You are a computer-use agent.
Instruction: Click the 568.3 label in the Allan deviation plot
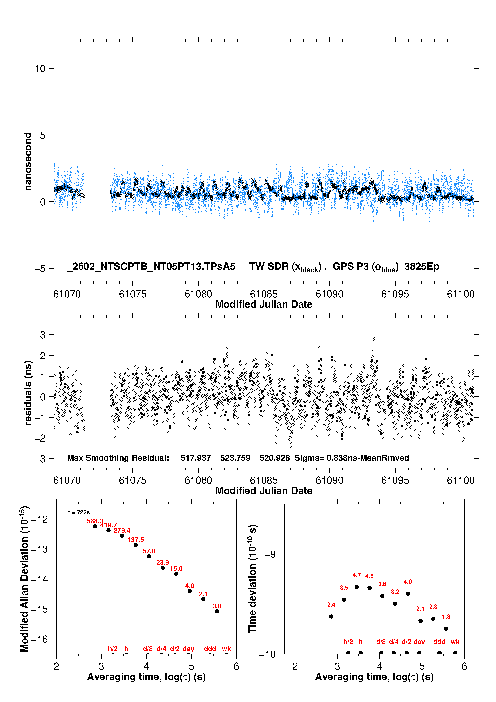click(95, 521)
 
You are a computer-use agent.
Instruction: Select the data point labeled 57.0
click(149, 556)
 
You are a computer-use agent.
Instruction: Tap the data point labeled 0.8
click(217, 611)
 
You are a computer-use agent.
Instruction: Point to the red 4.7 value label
click(357, 575)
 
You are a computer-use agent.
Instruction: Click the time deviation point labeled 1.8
click(446, 628)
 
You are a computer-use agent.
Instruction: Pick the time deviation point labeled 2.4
click(331, 616)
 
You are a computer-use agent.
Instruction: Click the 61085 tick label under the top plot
click(264, 294)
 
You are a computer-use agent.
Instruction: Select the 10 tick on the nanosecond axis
click(40, 69)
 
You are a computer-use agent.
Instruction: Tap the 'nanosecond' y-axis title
click(28, 162)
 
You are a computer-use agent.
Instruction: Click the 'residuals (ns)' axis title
click(28, 393)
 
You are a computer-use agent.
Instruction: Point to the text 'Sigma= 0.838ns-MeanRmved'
click(352, 458)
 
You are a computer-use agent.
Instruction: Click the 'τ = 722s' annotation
click(79, 512)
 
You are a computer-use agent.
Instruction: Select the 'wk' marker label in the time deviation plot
click(455, 642)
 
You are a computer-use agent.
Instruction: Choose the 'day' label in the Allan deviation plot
click(188, 649)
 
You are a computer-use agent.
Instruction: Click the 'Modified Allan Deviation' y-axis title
click(24, 579)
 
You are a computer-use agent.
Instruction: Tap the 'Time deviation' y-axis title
click(252, 579)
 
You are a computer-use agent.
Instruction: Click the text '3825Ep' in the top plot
click(422, 267)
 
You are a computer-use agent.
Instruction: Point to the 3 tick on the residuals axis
click(43, 335)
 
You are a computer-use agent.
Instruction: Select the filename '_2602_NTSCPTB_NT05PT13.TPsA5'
click(151, 267)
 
